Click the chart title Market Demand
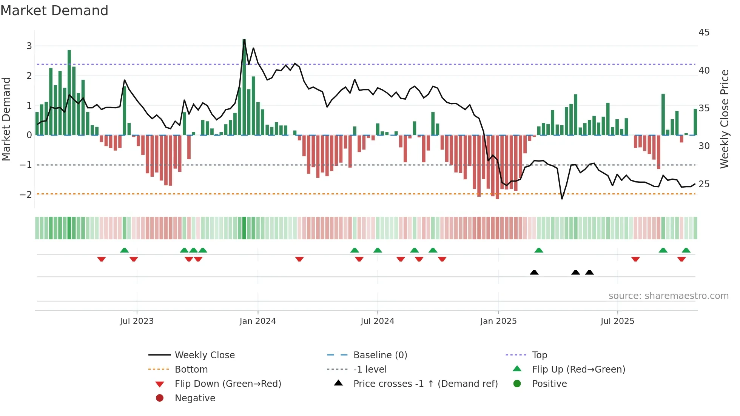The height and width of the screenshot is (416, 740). [x=54, y=11]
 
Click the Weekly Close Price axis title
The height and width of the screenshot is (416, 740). [x=724, y=119]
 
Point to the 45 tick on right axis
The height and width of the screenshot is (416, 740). [x=704, y=32]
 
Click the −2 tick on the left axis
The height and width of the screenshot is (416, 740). [x=26, y=195]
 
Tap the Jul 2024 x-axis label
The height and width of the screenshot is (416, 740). [x=377, y=321]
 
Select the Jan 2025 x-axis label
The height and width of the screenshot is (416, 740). [x=498, y=321]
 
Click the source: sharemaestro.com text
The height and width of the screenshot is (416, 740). [x=668, y=296]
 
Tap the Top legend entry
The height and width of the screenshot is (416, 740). [x=539, y=355]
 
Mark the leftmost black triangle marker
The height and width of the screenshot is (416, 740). [x=534, y=272]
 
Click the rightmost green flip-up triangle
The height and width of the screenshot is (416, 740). [x=686, y=250]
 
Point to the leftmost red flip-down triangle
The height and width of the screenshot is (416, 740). [x=101, y=259]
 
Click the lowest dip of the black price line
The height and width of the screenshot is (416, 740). [x=562, y=199]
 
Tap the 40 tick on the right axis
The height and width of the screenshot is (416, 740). [x=704, y=71]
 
